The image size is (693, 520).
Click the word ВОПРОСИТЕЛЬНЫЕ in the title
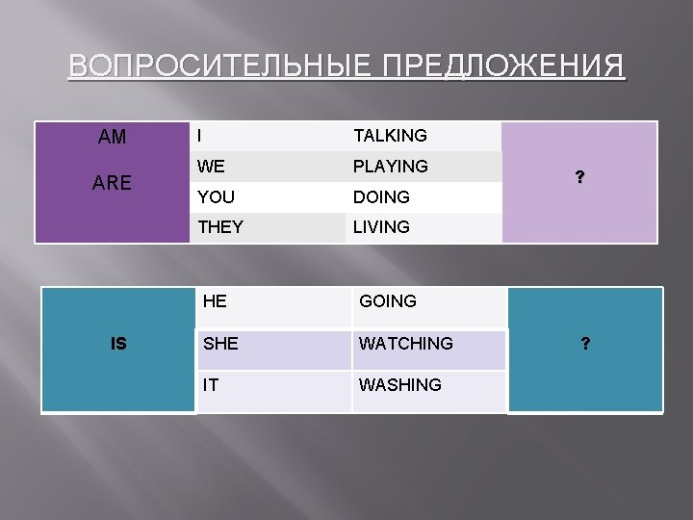[x=221, y=67]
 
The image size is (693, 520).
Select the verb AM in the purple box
[x=112, y=138]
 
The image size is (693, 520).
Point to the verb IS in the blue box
[x=118, y=343]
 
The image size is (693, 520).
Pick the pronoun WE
[x=211, y=167]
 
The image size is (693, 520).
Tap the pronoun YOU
[x=216, y=197]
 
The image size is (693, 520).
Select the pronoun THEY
[x=220, y=228]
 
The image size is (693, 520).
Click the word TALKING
[x=390, y=136]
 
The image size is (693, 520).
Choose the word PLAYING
[x=390, y=167]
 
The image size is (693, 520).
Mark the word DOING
[x=381, y=197]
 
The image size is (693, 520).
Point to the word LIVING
[x=381, y=228]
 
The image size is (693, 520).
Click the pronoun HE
[x=215, y=301]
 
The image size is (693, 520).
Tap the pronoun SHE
[x=219, y=343]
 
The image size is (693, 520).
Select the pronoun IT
[x=210, y=384]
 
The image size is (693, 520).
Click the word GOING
[x=388, y=301]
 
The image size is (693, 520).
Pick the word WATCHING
[x=405, y=343]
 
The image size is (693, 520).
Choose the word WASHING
[x=399, y=384]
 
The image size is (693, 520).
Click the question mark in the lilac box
[x=579, y=177]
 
